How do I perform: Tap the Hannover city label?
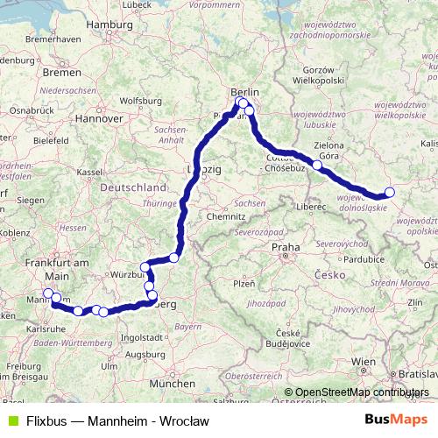tap(96, 117)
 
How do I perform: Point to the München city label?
tap(173, 384)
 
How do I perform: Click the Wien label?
tap(363, 361)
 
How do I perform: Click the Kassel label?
tap(90, 173)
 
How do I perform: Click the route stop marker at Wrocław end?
tap(390, 193)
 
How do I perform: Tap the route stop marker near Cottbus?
tap(317, 165)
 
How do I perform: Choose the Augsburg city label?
tap(145, 355)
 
